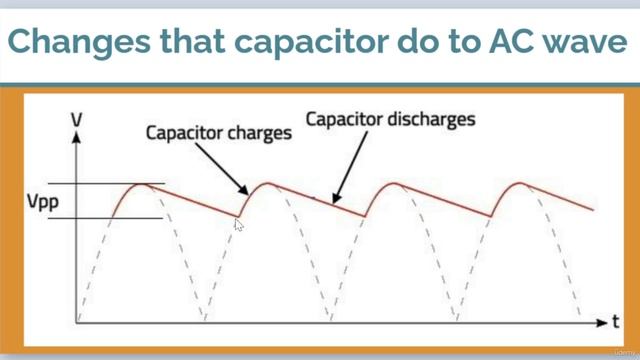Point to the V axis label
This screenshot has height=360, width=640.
(x=76, y=121)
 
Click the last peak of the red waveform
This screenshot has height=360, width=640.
(x=521, y=183)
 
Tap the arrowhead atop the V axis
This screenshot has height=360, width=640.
(x=77, y=138)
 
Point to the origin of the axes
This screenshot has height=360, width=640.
(x=77, y=322)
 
